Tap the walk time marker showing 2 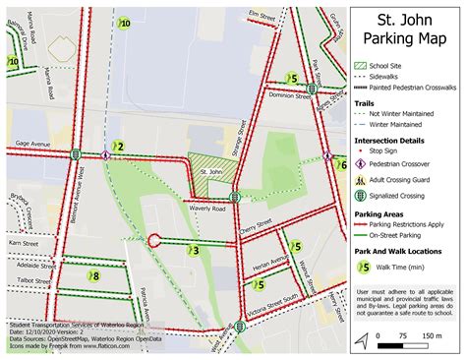click(118, 147)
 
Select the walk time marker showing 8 click(93, 276)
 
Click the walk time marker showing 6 click(342, 165)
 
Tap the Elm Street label click(262, 15)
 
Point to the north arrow click(363, 339)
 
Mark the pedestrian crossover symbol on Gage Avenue click(104, 153)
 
